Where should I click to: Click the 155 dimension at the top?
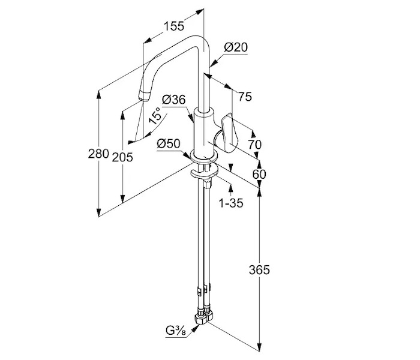174,26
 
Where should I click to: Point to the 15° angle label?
155,116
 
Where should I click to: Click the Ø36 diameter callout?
173,100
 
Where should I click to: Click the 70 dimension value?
254,144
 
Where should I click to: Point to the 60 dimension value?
259,174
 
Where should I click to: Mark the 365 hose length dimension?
260,269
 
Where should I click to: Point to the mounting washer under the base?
203,175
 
